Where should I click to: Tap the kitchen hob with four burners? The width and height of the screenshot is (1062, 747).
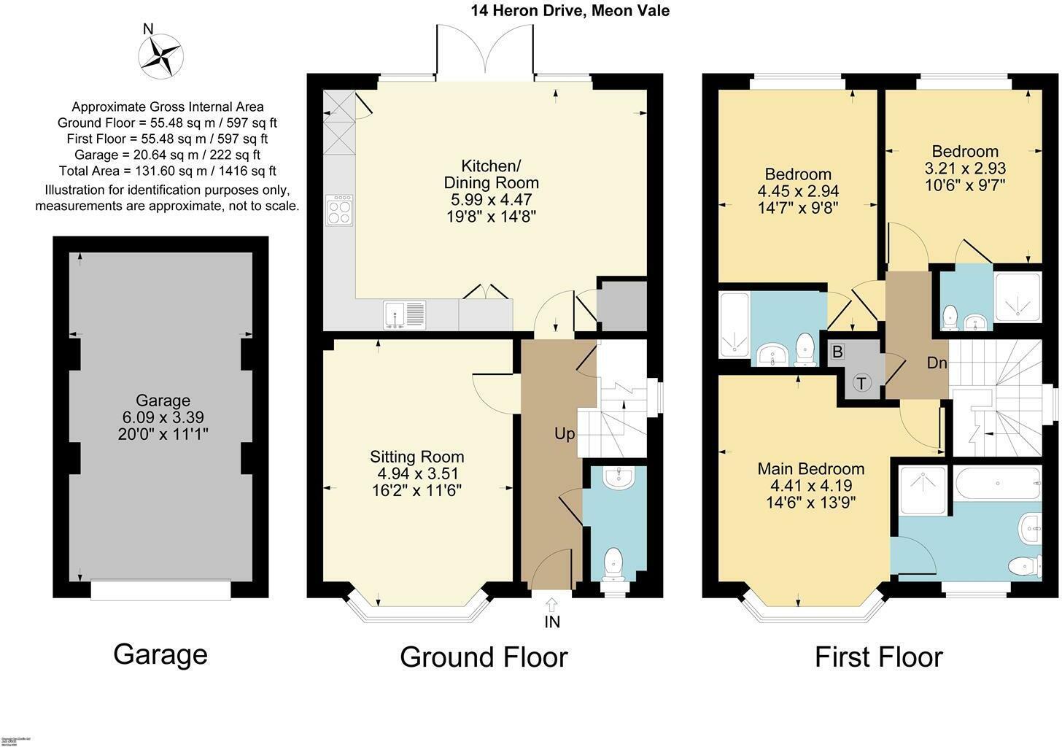pos(339,210)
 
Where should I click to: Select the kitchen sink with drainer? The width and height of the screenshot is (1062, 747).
pos(405,314)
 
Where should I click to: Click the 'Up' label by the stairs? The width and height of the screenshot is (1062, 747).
pos(565,434)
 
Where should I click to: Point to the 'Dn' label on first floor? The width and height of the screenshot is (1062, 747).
pos(937,362)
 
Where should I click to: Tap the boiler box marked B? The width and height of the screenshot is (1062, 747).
pos(837,352)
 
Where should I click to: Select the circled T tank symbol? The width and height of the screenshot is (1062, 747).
pos(861,382)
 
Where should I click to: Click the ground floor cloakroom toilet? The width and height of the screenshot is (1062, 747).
pos(614,563)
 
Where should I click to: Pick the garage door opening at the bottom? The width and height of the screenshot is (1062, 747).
pos(161,589)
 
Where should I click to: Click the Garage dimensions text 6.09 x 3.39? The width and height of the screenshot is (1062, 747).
pos(163,417)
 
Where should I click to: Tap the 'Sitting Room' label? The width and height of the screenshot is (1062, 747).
pos(416,457)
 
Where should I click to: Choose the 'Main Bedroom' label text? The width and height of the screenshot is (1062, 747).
pos(810,468)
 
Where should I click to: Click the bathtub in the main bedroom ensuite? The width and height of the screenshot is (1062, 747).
pos(996,482)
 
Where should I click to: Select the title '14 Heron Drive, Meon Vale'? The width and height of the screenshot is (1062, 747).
pos(570,11)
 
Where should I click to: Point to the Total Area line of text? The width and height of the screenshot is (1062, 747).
pos(167,171)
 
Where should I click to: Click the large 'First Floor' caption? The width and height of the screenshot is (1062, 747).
pos(878,657)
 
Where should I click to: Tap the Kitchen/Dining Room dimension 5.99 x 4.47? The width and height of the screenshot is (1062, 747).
pos(489,199)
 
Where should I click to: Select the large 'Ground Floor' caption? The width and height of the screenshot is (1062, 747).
pos(484,657)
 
